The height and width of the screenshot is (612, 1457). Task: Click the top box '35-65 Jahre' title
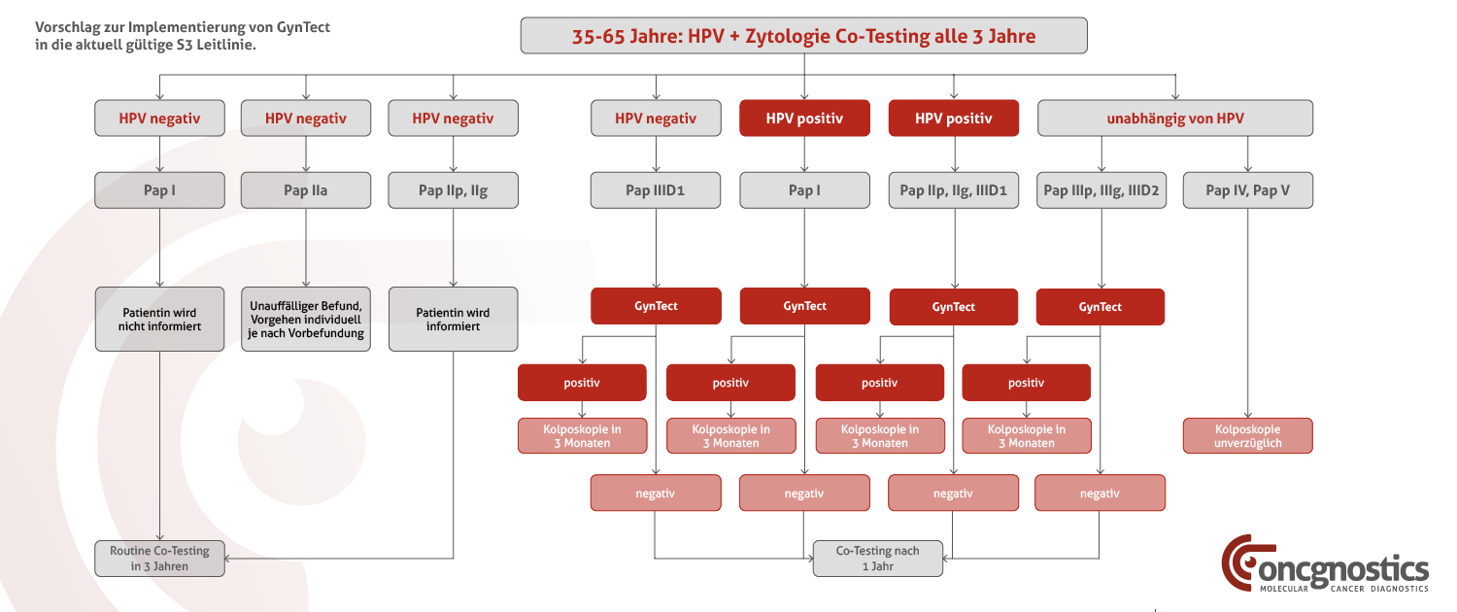[x=803, y=36]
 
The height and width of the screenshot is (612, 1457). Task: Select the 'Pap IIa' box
[x=306, y=189]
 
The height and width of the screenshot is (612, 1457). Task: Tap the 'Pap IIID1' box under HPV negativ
[x=656, y=189]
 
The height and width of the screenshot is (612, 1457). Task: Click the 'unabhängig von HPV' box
[x=1174, y=118]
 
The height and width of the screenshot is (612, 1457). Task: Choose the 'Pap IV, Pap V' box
[x=1247, y=189]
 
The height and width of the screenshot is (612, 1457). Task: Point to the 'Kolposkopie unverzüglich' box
[x=1247, y=436]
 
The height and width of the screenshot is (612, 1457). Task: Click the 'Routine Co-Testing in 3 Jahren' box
[x=160, y=559]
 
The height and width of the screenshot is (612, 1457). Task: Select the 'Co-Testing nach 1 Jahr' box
[x=877, y=559]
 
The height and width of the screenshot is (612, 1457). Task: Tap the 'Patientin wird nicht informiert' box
[x=160, y=320]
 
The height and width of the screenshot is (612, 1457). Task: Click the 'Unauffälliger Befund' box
[x=306, y=320]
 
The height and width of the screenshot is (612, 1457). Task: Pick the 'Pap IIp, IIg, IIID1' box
[x=954, y=189]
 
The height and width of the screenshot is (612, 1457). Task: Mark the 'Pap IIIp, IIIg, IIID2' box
[x=1101, y=189]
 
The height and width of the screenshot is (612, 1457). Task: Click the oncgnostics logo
[x=1324, y=563]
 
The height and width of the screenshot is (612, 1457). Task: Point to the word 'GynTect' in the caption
[x=303, y=27]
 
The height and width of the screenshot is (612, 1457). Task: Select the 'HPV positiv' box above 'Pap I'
[x=804, y=118]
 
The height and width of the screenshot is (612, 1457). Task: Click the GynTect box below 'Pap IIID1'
[x=656, y=306]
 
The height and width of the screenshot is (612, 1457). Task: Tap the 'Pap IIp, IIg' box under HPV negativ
[x=454, y=189]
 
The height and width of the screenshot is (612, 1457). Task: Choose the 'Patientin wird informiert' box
[x=454, y=320]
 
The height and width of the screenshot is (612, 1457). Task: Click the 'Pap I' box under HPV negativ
[x=160, y=189]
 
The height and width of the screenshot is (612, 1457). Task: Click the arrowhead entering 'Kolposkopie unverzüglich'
[x=1247, y=414]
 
